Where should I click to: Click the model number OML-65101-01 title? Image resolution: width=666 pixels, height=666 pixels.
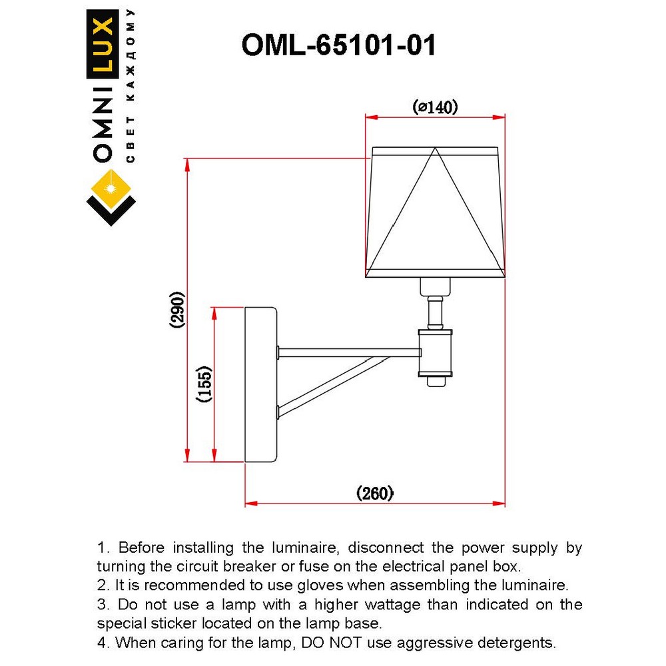[x=338, y=46]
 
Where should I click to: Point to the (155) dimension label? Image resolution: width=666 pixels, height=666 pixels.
[x=204, y=384]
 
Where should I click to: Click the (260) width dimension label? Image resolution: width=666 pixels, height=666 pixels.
[x=376, y=493]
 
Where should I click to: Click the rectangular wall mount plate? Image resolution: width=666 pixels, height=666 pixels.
[x=260, y=384]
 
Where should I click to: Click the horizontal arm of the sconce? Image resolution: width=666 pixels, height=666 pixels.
[x=346, y=350]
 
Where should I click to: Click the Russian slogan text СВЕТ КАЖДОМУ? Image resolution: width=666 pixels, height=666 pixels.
[x=131, y=87]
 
